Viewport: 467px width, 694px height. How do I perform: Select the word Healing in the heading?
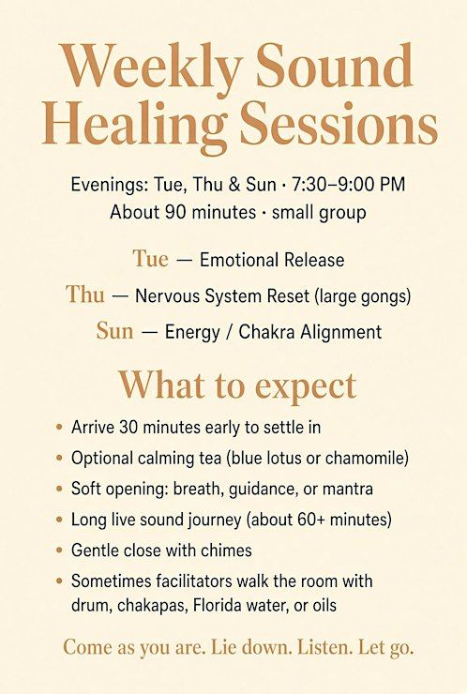tap(134, 127)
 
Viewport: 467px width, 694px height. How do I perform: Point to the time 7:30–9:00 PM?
tap(348, 184)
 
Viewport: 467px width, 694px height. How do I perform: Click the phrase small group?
tap(319, 213)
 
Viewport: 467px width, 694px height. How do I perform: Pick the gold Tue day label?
tap(150, 259)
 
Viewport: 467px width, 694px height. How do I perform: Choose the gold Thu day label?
tap(85, 294)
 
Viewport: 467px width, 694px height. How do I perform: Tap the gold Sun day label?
tap(114, 331)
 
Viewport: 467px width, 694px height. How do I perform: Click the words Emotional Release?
tap(272, 260)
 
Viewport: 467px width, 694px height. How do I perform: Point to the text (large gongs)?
tap(363, 296)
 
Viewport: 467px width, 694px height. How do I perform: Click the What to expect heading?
tap(237, 386)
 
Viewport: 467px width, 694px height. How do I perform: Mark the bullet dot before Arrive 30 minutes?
tap(59, 428)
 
